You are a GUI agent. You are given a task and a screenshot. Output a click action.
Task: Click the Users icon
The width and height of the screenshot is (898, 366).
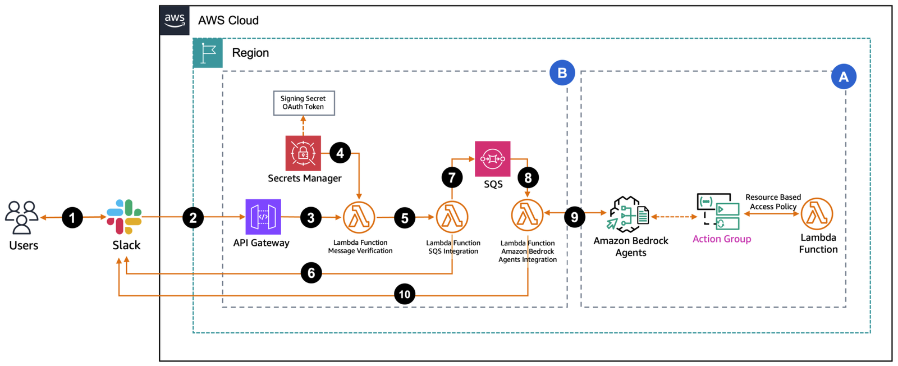22,217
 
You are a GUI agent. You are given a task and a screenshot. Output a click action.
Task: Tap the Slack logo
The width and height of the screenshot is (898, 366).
125,217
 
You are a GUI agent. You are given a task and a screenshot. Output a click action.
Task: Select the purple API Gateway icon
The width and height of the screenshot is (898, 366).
263,217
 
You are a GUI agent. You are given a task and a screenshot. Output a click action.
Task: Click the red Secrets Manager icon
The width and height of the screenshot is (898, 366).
303,153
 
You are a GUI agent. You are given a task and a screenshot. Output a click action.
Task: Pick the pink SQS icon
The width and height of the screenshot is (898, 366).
492,159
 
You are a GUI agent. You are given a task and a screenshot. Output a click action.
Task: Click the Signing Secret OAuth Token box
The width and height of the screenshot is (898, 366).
304,103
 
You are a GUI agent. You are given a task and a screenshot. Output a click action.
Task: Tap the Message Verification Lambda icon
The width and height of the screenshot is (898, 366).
359,217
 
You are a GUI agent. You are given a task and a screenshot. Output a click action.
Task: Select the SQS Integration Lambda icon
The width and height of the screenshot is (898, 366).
452,217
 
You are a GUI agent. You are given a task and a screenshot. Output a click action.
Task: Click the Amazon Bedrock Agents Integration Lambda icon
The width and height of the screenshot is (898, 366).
527,215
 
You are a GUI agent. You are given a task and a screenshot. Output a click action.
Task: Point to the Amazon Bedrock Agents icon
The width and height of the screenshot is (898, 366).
628,214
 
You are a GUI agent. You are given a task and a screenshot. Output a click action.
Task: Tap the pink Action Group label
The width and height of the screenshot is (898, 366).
721,239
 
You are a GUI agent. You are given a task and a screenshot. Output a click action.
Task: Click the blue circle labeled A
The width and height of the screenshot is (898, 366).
843,77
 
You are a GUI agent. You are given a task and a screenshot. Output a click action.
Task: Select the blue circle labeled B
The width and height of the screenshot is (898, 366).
562,73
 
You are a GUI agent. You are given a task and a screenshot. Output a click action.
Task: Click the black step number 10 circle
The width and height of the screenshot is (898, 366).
404,294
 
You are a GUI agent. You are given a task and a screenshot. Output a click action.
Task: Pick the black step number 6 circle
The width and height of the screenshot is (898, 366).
311,273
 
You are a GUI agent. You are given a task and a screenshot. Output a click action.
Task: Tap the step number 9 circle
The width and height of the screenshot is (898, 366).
574,217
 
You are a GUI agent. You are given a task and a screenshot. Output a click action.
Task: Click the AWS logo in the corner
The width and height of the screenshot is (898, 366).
175,20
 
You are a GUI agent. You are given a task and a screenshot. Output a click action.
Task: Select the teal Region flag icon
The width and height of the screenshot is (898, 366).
208,53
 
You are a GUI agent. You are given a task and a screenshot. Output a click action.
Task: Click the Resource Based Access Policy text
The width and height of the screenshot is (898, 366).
773,202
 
